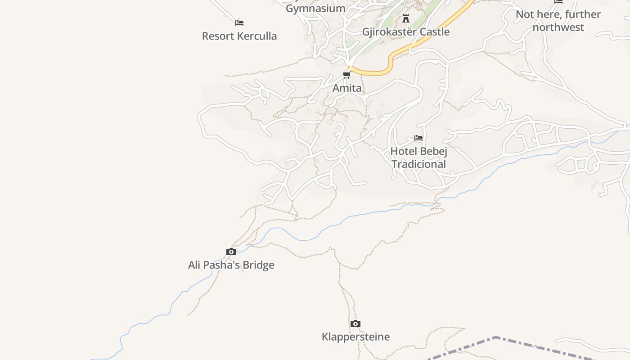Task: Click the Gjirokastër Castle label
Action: (405, 32)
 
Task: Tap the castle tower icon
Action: (406, 18)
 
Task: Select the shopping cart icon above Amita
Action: (347, 75)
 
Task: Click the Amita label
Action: (347, 88)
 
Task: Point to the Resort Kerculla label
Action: (239, 36)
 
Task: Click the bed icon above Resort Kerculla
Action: (239, 22)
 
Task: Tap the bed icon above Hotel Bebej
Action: (418, 138)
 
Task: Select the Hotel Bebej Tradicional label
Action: (418, 157)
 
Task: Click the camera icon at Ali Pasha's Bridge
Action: (231, 252)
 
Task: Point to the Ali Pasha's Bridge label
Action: (231, 265)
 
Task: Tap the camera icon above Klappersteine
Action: (355, 324)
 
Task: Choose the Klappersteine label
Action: (355, 337)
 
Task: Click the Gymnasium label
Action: (315, 9)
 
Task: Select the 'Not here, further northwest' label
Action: (558, 21)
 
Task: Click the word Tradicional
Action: (418, 164)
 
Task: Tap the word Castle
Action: (434, 32)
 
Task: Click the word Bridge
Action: (259, 265)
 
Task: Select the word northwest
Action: (558, 27)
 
